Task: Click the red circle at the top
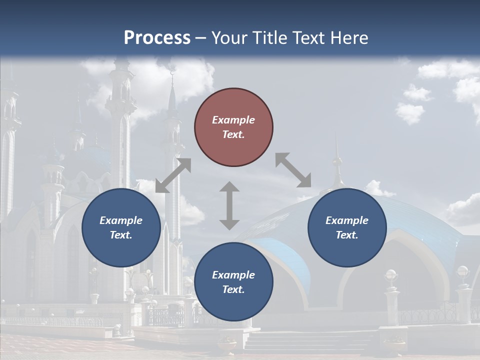[233, 127]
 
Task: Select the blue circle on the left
[121, 228]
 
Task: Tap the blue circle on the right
[347, 228]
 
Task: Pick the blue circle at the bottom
[233, 282]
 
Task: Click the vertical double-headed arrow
[229, 205]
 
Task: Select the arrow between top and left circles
[173, 175]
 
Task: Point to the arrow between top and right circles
[293, 170]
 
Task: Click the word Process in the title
[157, 37]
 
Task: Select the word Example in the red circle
[233, 120]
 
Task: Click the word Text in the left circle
[121, 235]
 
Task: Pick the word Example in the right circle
[347, 220]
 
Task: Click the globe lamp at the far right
[463, 272]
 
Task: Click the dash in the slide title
[200, 38]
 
